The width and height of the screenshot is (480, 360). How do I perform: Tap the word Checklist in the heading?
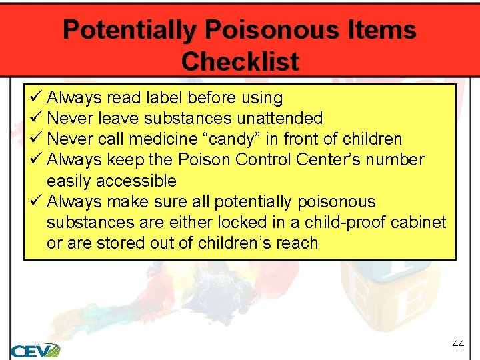pyautogui.click(x=240, y=62)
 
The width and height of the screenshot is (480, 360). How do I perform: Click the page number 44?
pyautogui.click(x=458, y=344)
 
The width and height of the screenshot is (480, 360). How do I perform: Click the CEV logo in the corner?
pyautogui.click(x=35, y=350)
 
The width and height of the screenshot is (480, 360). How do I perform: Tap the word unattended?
pyautogui.click(x=281, y=119)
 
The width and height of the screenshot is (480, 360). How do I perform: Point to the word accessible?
pyautogui.click(x=136, y=181)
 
